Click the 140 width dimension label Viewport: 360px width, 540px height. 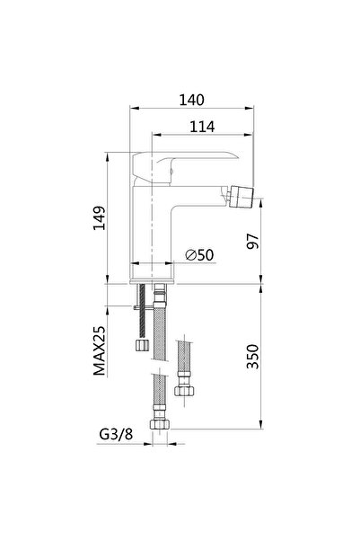pyautogui.click(x=191, y=100)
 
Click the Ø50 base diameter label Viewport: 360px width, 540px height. pyautogui.click(x=198, y=254)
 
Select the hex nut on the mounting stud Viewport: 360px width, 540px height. pyautogui.click(x=142, y=345)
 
